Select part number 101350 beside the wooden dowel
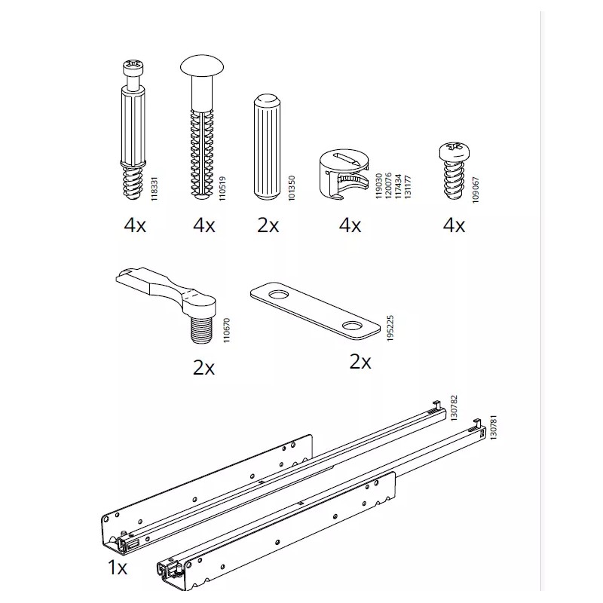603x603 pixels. point(292,187)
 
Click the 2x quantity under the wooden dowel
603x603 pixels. point(268,225)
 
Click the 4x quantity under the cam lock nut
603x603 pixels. point(350,225)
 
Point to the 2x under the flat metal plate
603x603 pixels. point(360,362)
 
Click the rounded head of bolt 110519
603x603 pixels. point(203,69)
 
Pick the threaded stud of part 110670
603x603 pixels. point(202,326)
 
